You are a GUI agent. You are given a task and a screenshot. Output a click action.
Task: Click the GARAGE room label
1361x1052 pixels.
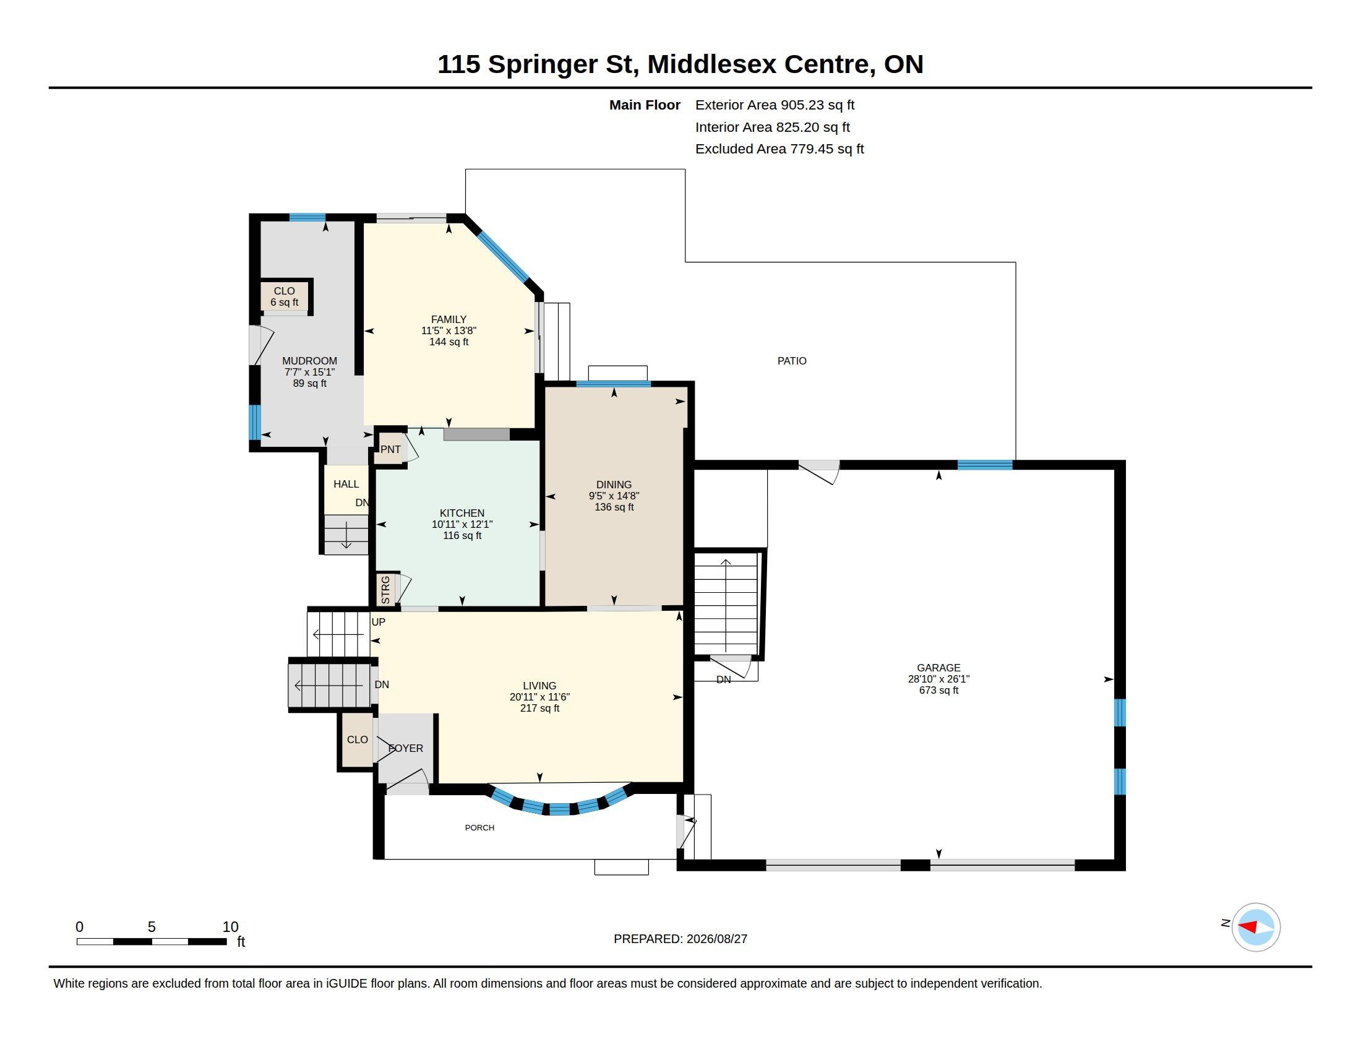(x=938, y=668)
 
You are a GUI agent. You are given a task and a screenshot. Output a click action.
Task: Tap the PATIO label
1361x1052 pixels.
(x=792, y=361)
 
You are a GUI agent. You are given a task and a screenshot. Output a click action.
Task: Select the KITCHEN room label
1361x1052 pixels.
(x=462, y=513)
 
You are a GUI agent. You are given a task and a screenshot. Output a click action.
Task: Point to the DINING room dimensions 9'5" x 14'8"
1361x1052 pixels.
(x=614, y=496)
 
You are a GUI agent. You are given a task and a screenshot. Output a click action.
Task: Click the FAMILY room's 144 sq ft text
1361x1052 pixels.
(x=449, y=342)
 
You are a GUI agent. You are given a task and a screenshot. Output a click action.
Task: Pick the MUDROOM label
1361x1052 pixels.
(x=310, y=361)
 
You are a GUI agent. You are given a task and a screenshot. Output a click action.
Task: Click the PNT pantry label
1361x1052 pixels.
(x=391, y=449)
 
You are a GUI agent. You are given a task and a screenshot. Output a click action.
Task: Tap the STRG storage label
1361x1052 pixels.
(x=385, y=590)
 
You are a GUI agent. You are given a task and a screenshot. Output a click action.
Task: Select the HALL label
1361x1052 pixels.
(x=346, y=484)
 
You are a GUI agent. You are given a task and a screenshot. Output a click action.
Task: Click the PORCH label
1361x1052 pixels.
(x=479, y=827)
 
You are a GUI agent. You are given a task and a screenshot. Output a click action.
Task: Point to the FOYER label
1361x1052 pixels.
(x=406, y=748)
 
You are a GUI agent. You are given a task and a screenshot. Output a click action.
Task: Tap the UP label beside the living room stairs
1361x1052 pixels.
(x=378, y=622)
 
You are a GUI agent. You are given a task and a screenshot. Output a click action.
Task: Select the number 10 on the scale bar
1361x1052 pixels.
(x=231, y=927)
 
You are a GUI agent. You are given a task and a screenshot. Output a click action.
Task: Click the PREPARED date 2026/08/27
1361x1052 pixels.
(x=716, y=939)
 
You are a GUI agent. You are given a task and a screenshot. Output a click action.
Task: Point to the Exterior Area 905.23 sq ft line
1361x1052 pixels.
(x=775, y=105)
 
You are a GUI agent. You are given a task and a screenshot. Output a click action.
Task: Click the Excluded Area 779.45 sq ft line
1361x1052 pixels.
(x=779, y=149)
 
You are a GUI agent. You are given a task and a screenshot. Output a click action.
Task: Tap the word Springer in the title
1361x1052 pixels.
(x=542, y=65)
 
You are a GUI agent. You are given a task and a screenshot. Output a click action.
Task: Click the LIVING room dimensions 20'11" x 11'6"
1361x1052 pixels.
(x=539, y=697)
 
